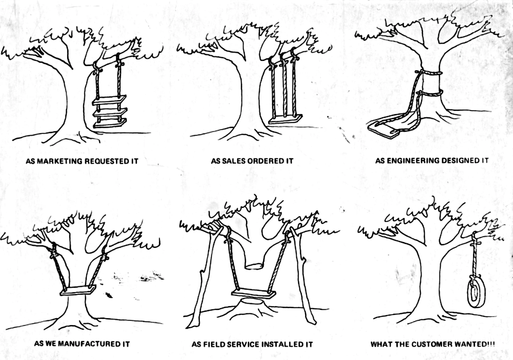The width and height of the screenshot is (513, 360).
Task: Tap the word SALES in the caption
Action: click(x=233, y=161)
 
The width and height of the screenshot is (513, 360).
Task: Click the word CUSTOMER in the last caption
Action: click(x=431, y=344)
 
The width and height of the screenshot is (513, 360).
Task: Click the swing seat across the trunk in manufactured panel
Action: click(x=78, y=291)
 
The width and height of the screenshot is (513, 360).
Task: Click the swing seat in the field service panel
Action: click(x=253, y=293)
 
